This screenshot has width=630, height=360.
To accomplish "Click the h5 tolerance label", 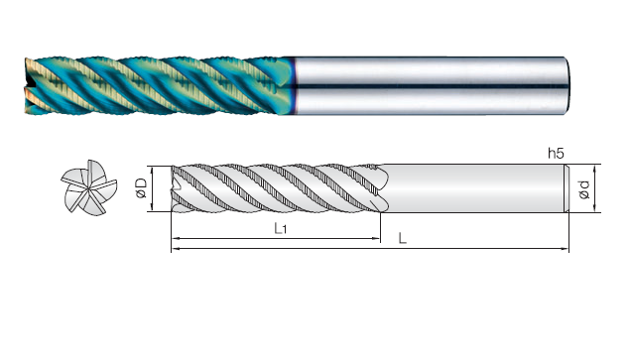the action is pos(556,153).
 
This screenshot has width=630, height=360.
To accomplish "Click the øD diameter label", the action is pos(141,188).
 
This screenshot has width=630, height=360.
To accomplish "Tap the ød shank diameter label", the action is pos(584,189).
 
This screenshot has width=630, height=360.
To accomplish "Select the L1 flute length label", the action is pos(281,228).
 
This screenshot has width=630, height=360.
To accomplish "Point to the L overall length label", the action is pos(402,238).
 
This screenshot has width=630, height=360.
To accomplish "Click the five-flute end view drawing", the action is pos(88,187).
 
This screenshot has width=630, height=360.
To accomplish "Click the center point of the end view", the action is pos(88,188).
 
